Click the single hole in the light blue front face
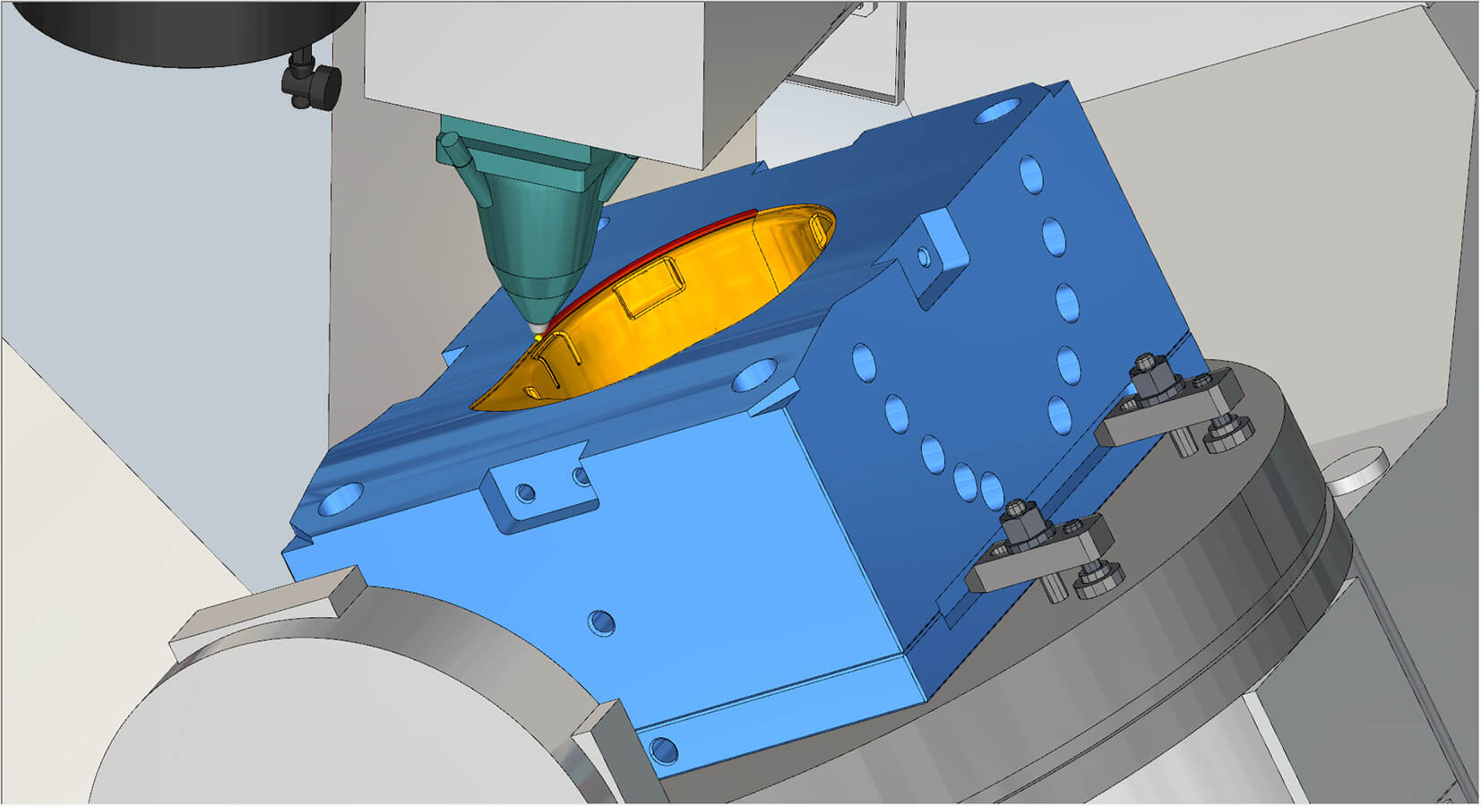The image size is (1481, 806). (601, 622)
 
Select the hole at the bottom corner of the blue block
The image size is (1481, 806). (663, 748)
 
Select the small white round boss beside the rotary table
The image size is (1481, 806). (1356, 471)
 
